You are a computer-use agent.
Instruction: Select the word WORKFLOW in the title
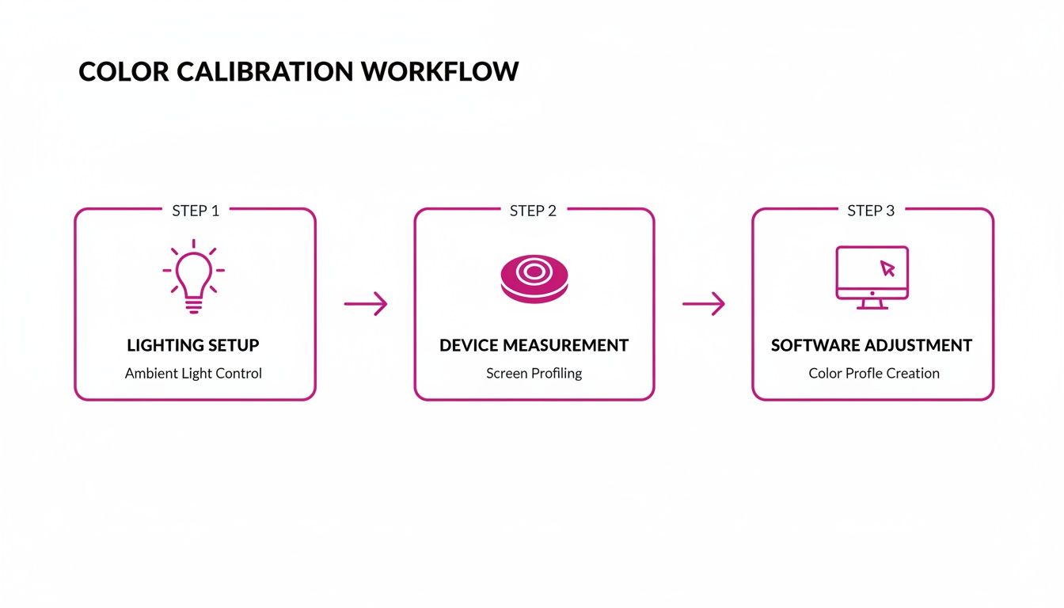[x=439, y=71]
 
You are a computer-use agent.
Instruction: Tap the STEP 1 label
[x=196, y=211]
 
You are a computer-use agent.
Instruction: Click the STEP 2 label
[x=533, y=211]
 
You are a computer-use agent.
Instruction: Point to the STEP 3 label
[x=871, y=211]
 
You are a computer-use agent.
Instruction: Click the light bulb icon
[x=193, y=277]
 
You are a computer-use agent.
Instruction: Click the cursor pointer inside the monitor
[x=887, y=268]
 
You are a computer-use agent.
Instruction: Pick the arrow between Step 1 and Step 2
[x=366, y=303]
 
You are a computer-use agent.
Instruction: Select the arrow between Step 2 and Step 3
[x=704, y=303]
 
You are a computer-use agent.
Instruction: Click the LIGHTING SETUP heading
[x=193, y=345]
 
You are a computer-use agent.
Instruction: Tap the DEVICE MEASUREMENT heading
[x=534, y=345]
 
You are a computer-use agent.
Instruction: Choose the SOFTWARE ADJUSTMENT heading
[x=872, y=345]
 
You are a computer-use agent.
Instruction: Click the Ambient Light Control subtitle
[x=193, y=373]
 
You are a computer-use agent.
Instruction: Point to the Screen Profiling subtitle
[x=534, y=373]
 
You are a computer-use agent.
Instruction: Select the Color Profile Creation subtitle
[x=874, y=373]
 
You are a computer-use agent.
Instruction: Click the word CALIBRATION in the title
[x=265, y=71]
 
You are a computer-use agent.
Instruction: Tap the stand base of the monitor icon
[x=872, y=306]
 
